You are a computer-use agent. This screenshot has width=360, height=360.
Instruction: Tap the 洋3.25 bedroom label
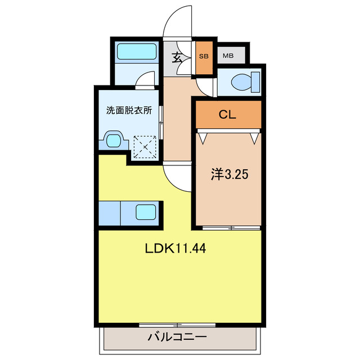[229, 174]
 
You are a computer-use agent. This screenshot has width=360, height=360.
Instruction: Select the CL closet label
[227, 115]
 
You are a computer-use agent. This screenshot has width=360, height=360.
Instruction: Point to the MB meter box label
[228, 56]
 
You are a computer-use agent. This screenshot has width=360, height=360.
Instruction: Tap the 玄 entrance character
[177, 57]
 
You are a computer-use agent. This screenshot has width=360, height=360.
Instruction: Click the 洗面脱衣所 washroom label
[129, 111]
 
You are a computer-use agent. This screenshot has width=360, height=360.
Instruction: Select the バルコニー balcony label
[177, 337]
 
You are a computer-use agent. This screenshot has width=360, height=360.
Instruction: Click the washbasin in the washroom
[114, 139]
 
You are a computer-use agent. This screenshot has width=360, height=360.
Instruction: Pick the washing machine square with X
[146, 147]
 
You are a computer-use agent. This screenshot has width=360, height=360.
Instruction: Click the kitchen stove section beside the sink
[110, 213]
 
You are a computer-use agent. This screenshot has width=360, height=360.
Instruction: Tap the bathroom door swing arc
[146, 80]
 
